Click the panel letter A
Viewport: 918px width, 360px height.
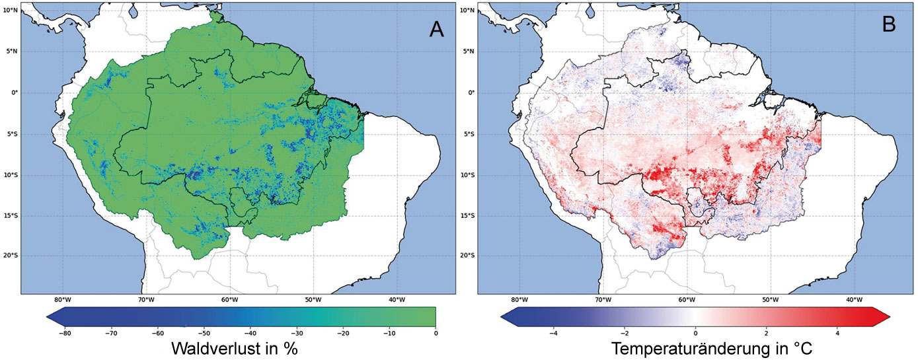tap(436, 29)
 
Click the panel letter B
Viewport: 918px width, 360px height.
tap(888, 25)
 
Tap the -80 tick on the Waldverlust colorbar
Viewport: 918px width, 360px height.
tap(65, 334)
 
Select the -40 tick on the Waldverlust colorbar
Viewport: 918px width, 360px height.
tap(250, 334)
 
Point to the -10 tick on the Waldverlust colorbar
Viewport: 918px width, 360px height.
tap(389, 334)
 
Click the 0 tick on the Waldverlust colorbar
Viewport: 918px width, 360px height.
tap(436, 334)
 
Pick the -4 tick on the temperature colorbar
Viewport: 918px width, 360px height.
tap(553, 334)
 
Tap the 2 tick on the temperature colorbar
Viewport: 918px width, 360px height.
tap(767, 334)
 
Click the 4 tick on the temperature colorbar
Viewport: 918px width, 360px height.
tap(837, 334)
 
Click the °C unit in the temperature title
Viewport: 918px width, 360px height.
tap(804, 349)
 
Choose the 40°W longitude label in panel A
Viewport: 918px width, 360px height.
tap(397, 300)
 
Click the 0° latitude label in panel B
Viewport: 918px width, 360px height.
tap(471, 92)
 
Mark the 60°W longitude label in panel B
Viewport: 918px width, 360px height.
tap(687, 300)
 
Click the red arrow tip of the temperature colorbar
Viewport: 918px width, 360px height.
tap(890, 317)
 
